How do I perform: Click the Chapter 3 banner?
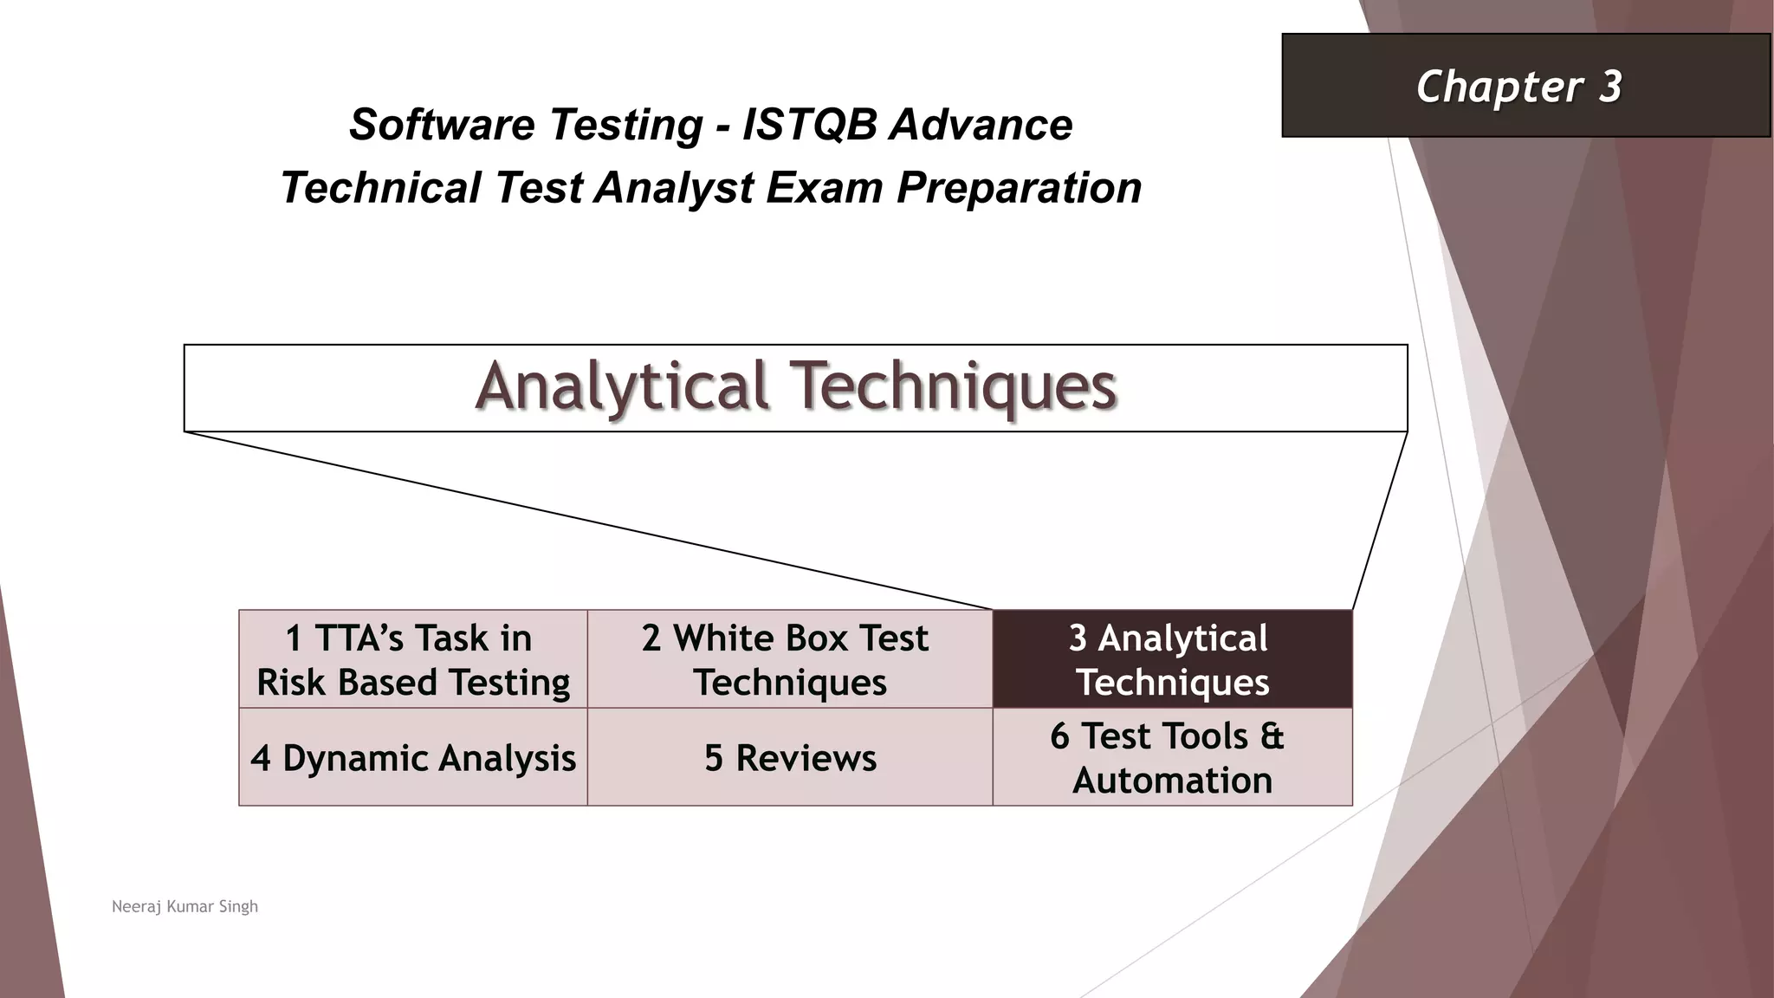point(1525,86)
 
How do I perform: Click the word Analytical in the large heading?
point(621,386)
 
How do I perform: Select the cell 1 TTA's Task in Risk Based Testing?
point(413,659)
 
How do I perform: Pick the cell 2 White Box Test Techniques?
point(789,659)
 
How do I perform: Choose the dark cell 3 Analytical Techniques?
point(1171,659)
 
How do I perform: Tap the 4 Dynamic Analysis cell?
point(413,758)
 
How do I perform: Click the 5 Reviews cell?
point(789,758)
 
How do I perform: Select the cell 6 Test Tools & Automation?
point(1171,758)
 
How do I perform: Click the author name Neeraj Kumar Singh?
point(185,906)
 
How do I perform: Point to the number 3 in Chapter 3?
point(1609,87)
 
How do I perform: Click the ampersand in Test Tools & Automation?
point(1272,736)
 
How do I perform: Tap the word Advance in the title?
point(981,125)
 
